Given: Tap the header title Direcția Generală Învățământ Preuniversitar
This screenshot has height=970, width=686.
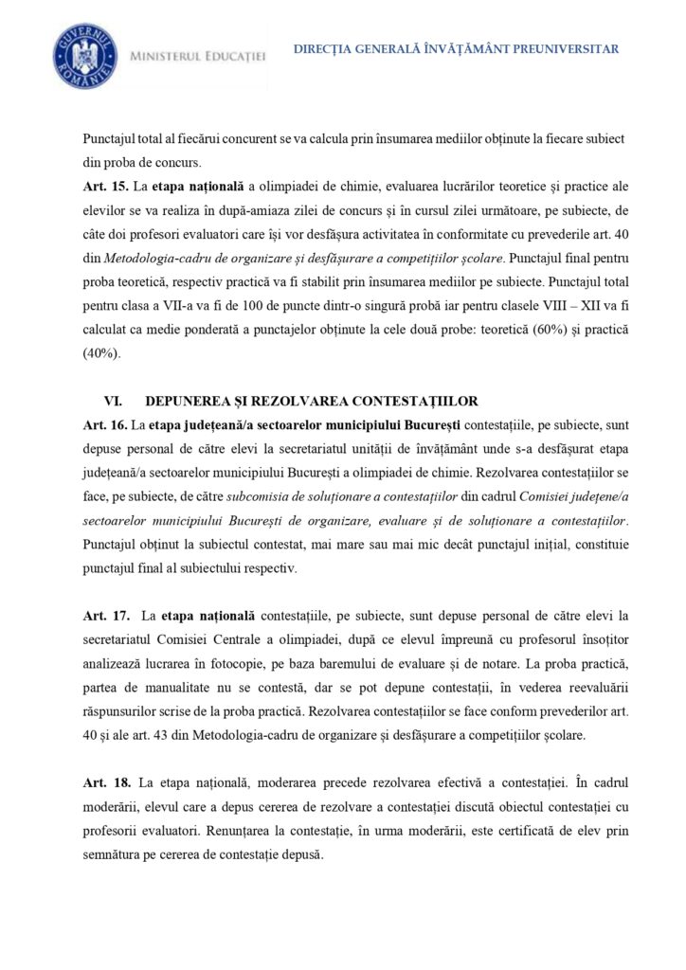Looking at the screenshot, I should (x=456, y=49).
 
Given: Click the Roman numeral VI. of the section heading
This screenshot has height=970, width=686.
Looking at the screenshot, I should (x=113, y=401).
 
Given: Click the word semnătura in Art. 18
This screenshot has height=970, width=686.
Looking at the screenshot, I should (x=112, y=853).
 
